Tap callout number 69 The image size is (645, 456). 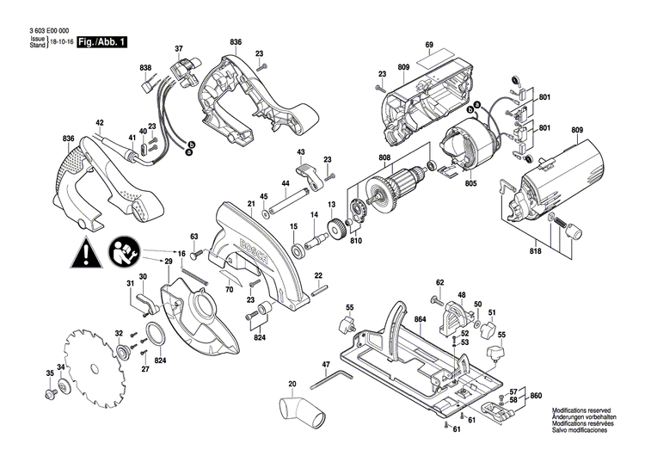pyautogui.click(x=427, y=44)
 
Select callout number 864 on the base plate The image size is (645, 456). pyautogui.click(x=420, y=319)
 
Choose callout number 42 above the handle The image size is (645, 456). pyautogui.click(x=100, y=123)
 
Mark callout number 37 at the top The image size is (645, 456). pyautogui.click(x=179, y=47)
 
